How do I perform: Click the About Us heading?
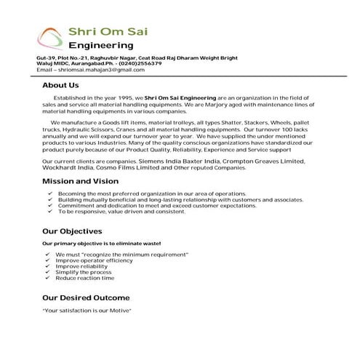coord(60,85)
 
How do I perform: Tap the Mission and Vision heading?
coord(80,180)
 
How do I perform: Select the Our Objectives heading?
coord(72,231)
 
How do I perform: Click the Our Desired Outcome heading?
coord(86,297)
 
